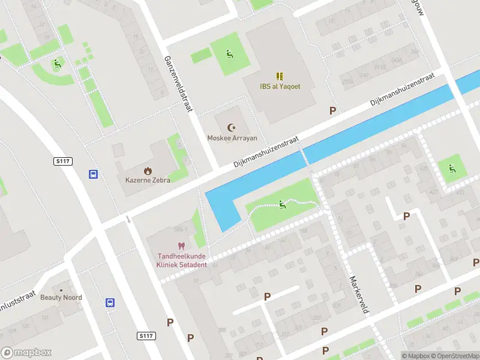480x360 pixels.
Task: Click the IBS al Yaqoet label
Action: (x=280, y=86)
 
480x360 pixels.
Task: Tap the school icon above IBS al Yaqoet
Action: (x=280, y=76)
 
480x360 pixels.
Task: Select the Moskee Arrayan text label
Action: (x=232, y=138)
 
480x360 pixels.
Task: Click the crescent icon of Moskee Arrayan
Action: (x=232, y=127)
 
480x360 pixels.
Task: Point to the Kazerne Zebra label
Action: (x=148, y=180)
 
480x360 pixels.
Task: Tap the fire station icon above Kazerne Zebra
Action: (x=148, y=170)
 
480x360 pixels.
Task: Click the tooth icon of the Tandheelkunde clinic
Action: (x=181, y=246)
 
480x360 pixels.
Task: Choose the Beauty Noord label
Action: (x=61, y=298)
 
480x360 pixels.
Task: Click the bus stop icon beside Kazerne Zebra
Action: (x=94, y=174)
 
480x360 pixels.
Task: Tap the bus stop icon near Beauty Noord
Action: (x=110, y=302)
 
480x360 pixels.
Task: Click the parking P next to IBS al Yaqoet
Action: (x=332, y=110)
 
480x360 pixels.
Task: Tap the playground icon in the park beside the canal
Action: (x=283, y=205)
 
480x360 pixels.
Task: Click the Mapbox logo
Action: (x=26, y=353)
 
